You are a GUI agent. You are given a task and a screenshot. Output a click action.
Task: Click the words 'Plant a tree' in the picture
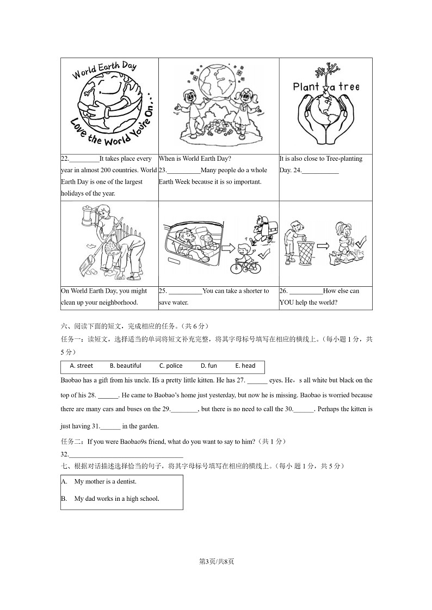click(326, 86)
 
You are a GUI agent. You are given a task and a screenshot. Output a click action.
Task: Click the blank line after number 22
click(85, 159)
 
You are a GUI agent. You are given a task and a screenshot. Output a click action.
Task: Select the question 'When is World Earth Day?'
click(195, 159)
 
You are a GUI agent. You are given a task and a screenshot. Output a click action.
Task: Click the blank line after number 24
click(320, 171)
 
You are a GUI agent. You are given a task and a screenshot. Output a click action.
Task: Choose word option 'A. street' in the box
click(81, 366)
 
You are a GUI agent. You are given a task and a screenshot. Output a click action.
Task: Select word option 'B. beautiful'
click(125, 366)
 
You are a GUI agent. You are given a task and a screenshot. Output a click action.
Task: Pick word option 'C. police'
click(170, 366)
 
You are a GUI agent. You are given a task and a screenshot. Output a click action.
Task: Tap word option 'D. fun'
click(208, 366)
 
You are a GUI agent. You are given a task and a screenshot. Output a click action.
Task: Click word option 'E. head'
click(245, 366)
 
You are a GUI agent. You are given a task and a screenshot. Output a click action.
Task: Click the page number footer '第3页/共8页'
click(216, 561)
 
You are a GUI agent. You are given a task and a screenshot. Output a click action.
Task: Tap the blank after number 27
click(257, 381)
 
